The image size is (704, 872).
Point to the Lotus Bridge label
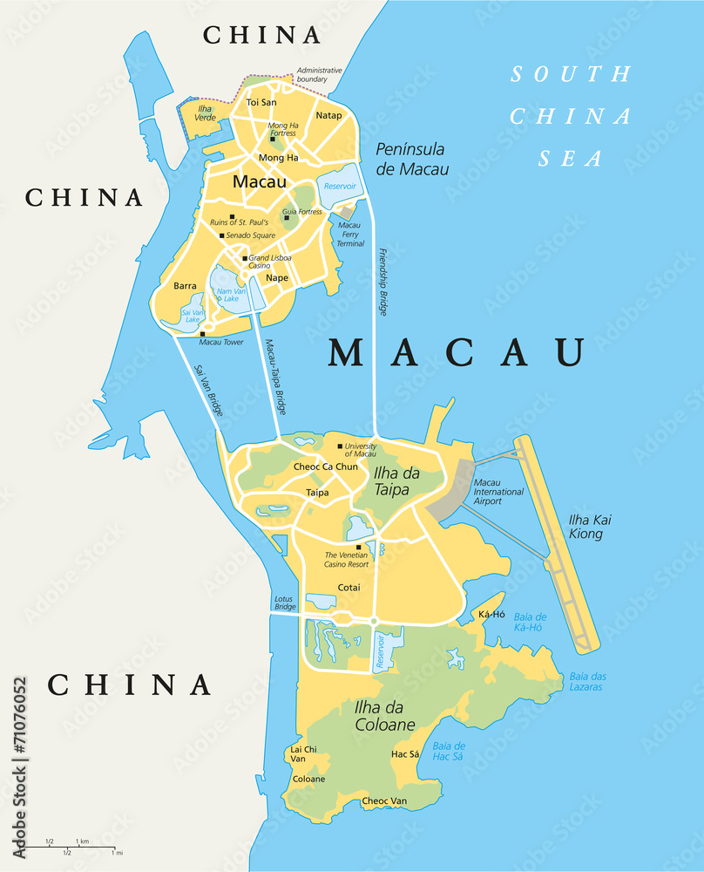tap(285, 602)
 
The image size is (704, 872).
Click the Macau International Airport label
tap(499, 492)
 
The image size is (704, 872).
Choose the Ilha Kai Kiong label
tap(586, 526)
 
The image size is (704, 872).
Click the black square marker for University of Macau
tap(340, 446)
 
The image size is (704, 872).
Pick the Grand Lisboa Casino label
tap(270, 262)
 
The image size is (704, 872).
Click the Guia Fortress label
tap(302, 211)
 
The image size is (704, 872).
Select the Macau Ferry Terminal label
tap(350, 234)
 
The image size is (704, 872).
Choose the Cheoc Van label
tap(384, 800)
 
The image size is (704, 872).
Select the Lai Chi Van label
tap(304, 754)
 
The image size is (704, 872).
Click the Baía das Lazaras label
tap(587, 682)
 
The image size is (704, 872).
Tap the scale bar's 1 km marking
tap(83, 841)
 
